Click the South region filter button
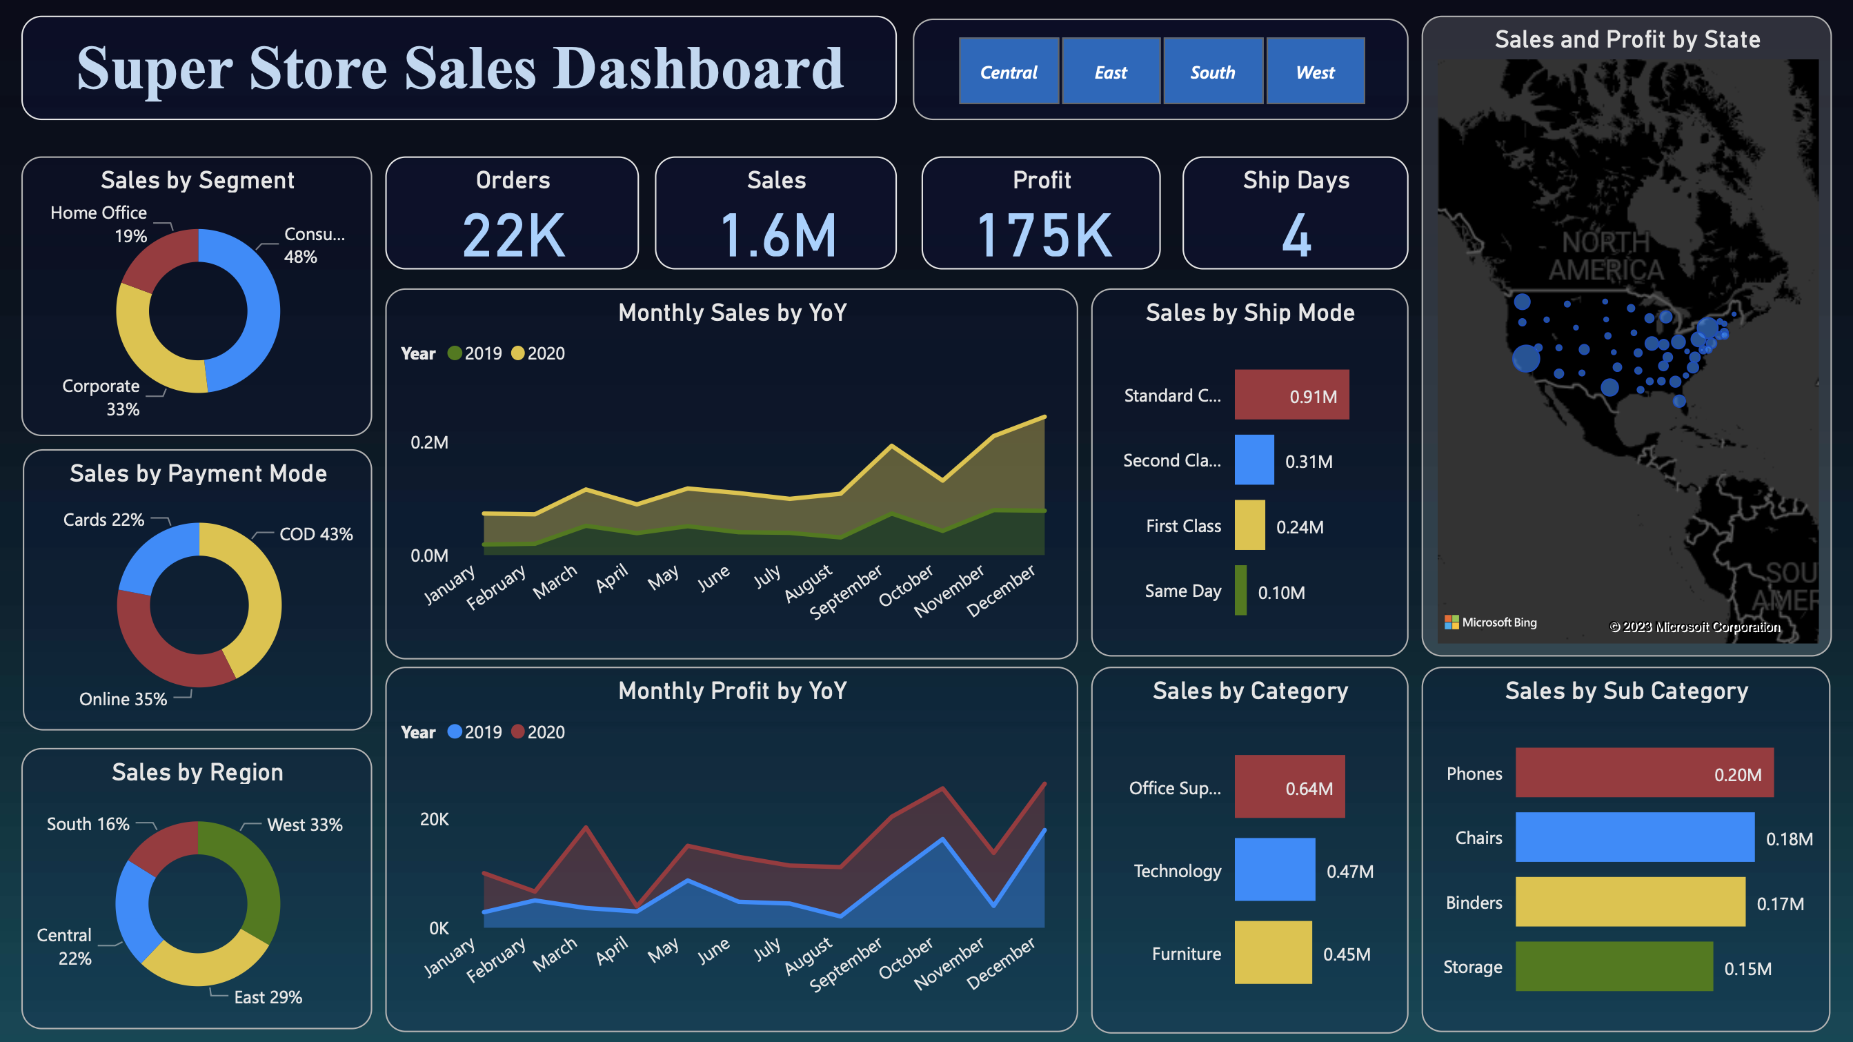point(1213,72)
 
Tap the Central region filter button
point(1009,72)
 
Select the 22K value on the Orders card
point(513,235)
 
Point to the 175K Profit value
point(1043,235)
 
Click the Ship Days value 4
point(1296,235)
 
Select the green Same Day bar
point(1241,591)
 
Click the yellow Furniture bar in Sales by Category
point(1274,953)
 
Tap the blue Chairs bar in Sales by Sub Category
point(1634,838)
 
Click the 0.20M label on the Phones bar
point(1737,775)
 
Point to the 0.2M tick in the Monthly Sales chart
point(429,442)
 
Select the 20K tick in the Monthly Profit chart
point(434,820)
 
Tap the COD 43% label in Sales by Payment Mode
point(316,535)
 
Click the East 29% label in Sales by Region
point(268,997)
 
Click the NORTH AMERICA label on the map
point(1605,256)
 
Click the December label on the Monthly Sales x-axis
point(1001,591)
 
